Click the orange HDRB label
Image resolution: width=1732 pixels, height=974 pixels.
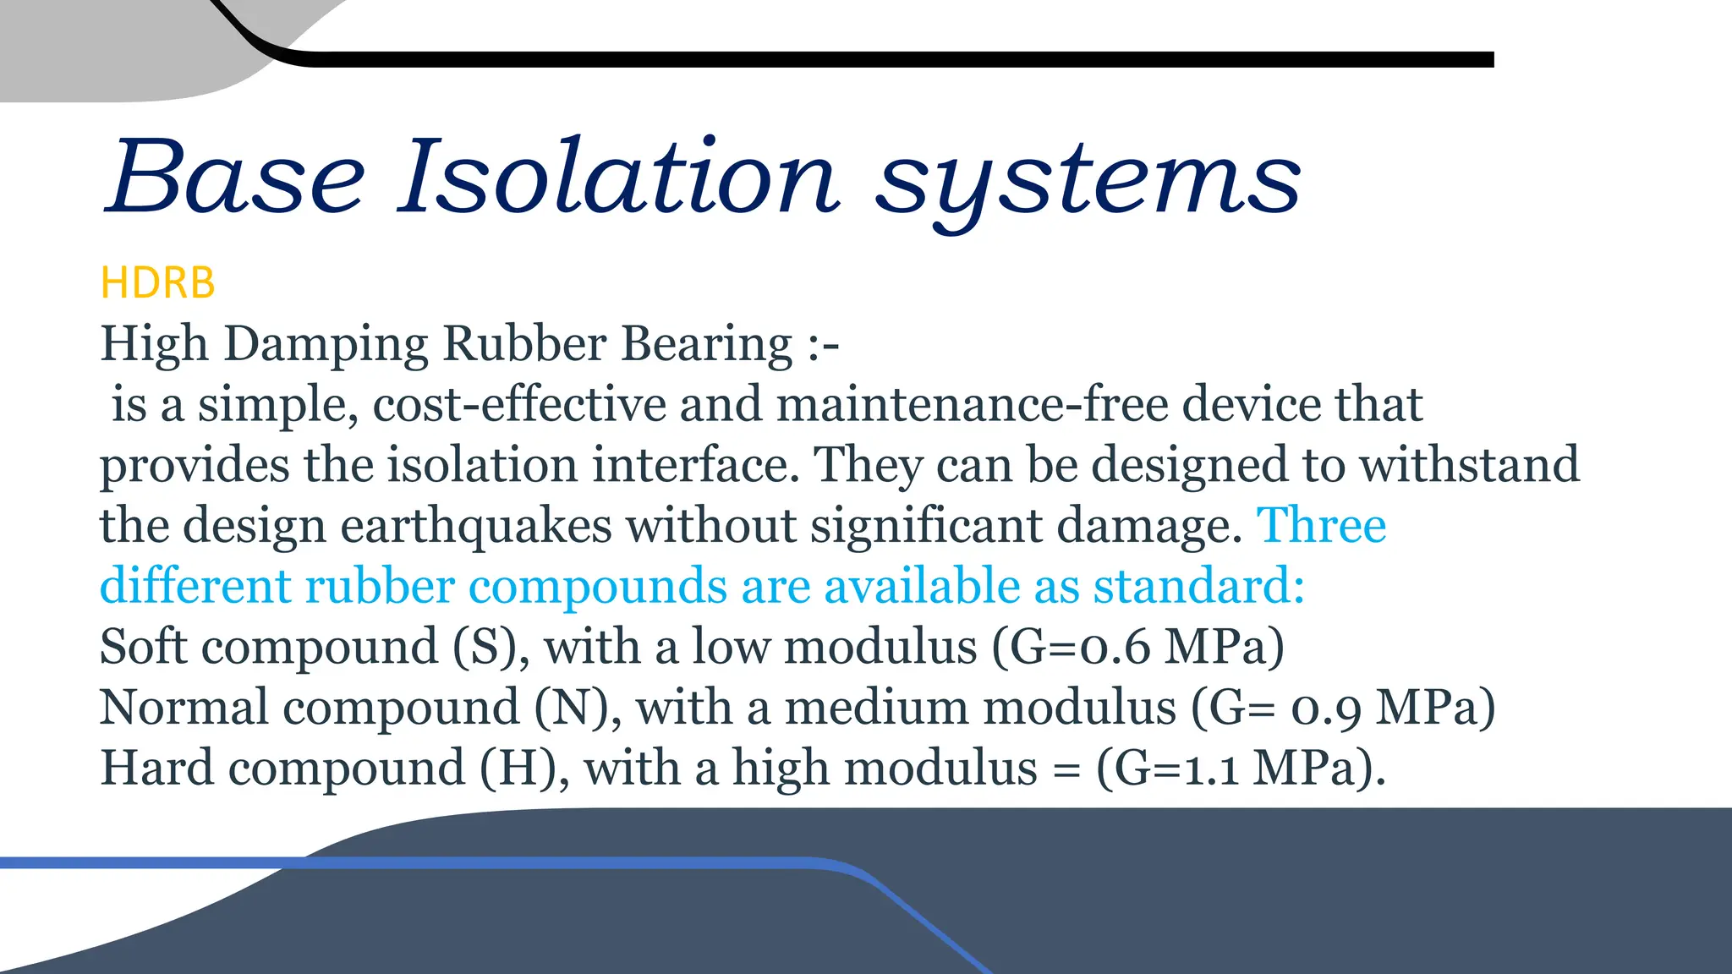point(157,283)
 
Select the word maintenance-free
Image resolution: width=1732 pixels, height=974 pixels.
point(972,404)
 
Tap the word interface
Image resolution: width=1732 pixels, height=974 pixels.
point(695,465)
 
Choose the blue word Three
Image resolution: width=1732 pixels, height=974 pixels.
point(1322,526)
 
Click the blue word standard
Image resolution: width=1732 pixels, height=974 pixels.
point(1198,587)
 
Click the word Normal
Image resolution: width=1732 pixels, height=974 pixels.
point(184,708)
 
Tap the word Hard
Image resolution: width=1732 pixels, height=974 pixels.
point(157,769)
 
